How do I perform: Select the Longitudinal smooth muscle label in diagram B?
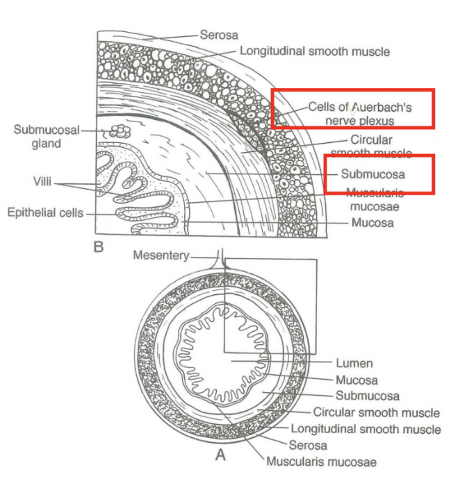314,51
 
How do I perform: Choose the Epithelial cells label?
46,212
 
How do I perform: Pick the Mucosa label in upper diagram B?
372,223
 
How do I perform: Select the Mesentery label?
161,255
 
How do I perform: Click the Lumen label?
354,363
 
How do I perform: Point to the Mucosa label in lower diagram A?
357,380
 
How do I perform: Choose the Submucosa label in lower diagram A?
368,396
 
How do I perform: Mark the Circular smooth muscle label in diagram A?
375,412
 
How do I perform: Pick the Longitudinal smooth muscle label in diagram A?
366,429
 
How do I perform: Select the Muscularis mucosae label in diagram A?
320,462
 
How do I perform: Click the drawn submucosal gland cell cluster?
119,130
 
